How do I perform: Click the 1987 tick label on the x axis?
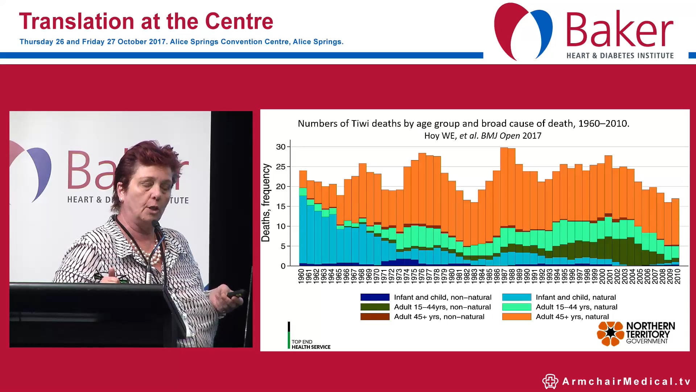[x=504, y=276]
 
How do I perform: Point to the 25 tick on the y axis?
[x=281, y=167]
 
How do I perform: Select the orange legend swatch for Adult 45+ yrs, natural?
[x=516, y=317]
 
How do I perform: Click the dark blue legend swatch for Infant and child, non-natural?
[x=375, y=297]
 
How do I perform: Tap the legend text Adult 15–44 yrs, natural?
[x=576, y=307]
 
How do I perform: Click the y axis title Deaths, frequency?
[x=266, y=203]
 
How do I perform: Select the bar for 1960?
[x=303, y=218]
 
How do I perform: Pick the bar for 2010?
[x=675, y=232]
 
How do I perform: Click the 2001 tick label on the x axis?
[x=609, y=276]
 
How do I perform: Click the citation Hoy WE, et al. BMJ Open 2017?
[x=482, y=136]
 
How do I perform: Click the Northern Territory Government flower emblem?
[x=610, y=333]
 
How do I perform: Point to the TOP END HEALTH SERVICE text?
[x=311, y=344]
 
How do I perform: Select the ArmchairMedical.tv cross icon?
[x=550, y=381]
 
